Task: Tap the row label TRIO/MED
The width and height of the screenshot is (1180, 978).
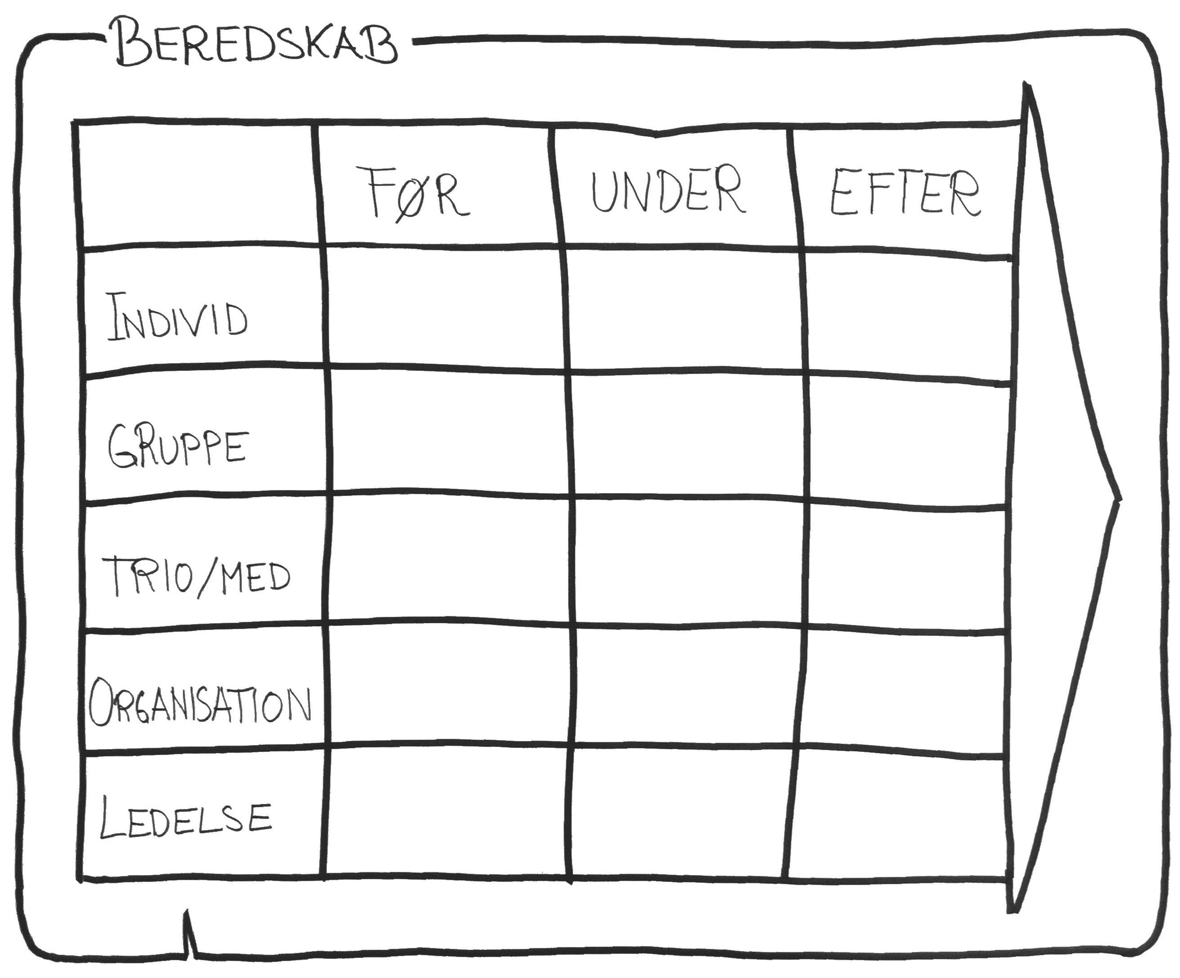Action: click(x=197, y=576)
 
